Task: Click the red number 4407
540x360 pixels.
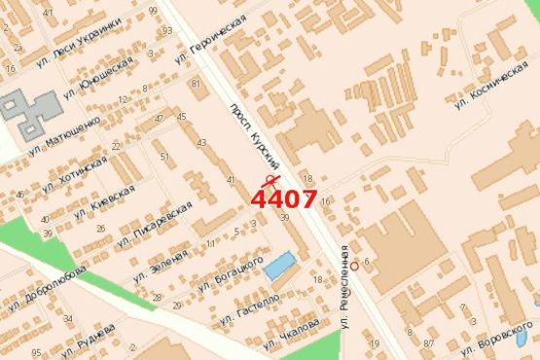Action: [283, 199]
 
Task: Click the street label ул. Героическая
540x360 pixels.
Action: [210, 39]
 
